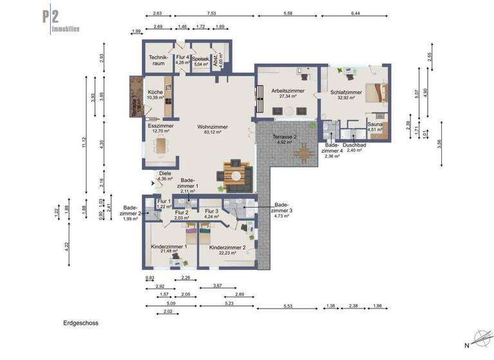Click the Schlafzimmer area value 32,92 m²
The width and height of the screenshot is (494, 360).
click(x=346, y=98)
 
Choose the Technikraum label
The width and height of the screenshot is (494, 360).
click(x=158, y=60)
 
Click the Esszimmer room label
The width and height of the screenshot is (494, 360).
click(x=160, y=127)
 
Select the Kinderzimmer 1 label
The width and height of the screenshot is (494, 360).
click(x=169, y=246)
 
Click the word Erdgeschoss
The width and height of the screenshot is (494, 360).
click(x=80, y=323)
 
